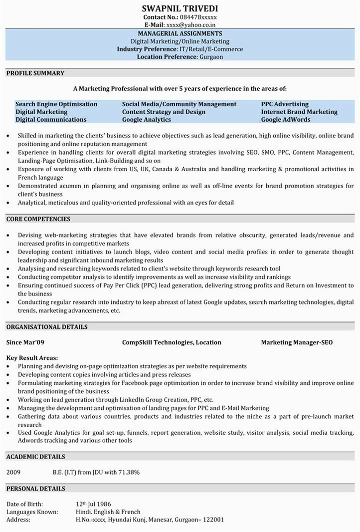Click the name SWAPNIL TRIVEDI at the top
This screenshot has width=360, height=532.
point(180,8)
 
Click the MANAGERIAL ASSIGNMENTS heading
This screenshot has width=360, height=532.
point(180,34)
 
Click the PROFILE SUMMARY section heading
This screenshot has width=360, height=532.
point(35,73)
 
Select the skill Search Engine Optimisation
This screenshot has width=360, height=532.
point(56,104)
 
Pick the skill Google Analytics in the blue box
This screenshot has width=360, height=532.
point(146,120)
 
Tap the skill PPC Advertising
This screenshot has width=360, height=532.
point(285,104)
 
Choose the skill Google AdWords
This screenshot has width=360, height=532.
point(285,120)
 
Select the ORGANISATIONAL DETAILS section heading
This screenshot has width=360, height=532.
point(47,327)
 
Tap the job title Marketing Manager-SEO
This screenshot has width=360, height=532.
point(297,343)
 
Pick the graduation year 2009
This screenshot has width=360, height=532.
point(14,472)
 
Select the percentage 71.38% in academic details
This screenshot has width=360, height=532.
point(129,472)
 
